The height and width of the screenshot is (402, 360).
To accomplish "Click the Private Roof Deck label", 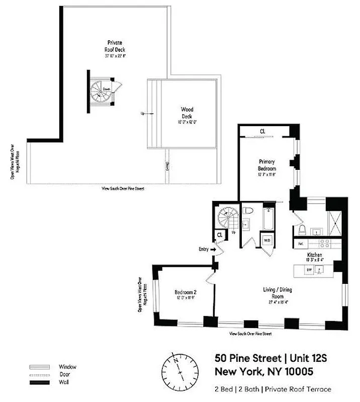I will pyautogui.click(x=116, y=46).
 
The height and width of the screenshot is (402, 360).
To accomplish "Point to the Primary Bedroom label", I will pyautogui.click(x=266, y=165).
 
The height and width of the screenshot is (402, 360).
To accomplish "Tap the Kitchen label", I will pyautogui.click(x=315, y=255).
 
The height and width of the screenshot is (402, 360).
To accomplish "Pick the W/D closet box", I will pyautogui.click(x=266, y=240).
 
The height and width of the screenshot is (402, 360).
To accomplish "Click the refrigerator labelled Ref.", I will pyautogui.click(x=301, y=244).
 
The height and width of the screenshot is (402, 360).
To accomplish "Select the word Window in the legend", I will pyautogui.click(x=67, y=366).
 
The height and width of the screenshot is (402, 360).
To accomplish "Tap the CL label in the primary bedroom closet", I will pyautogui.click(x=262, y=132).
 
